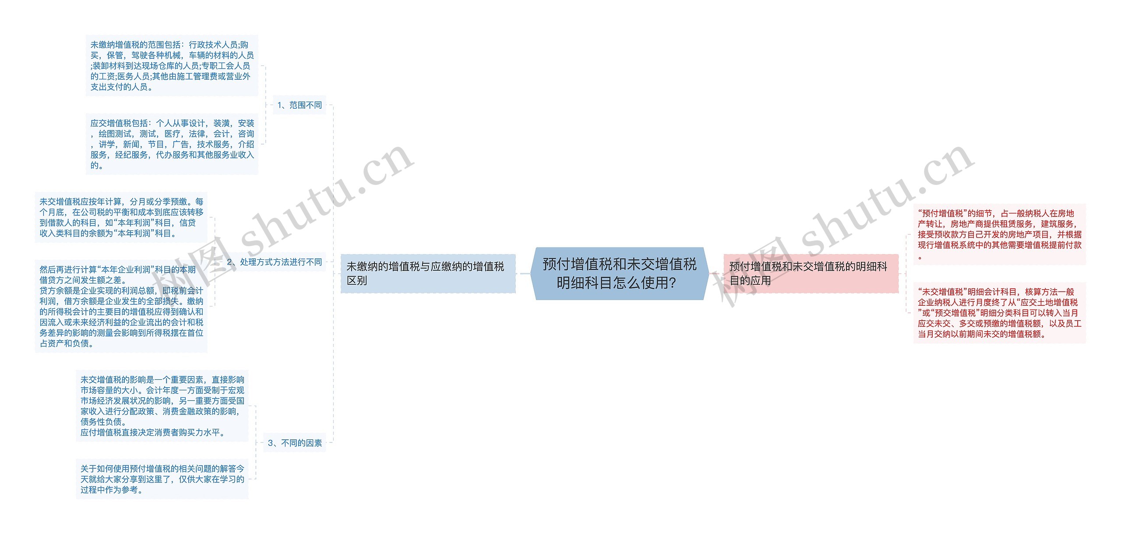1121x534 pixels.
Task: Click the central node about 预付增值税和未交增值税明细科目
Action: click(619, 273)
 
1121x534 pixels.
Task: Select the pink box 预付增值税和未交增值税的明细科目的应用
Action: click(811, 273)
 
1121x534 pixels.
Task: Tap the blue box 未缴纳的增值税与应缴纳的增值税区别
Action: click(428, 273)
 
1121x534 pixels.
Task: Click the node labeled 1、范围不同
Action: click(299, 105)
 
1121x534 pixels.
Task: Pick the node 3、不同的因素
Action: click(294, 443)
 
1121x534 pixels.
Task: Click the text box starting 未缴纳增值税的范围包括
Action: click(172, 66)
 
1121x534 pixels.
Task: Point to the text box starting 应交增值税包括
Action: click(172, 144)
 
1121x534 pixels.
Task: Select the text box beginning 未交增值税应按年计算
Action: click(121, 217)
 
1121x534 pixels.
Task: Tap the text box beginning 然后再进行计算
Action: click(121, 306)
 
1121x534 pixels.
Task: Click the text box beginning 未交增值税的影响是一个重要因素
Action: click(162, 406)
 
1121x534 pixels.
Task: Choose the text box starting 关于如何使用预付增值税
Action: click(162, 479)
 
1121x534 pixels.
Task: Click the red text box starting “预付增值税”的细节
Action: click(999, 234)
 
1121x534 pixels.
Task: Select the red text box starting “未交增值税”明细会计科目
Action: click(999, 313)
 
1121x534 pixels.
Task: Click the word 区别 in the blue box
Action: click(357, 281)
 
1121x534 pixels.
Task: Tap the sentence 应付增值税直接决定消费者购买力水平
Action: click(152, 432)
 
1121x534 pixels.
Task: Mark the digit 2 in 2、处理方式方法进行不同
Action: click(230, 262)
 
